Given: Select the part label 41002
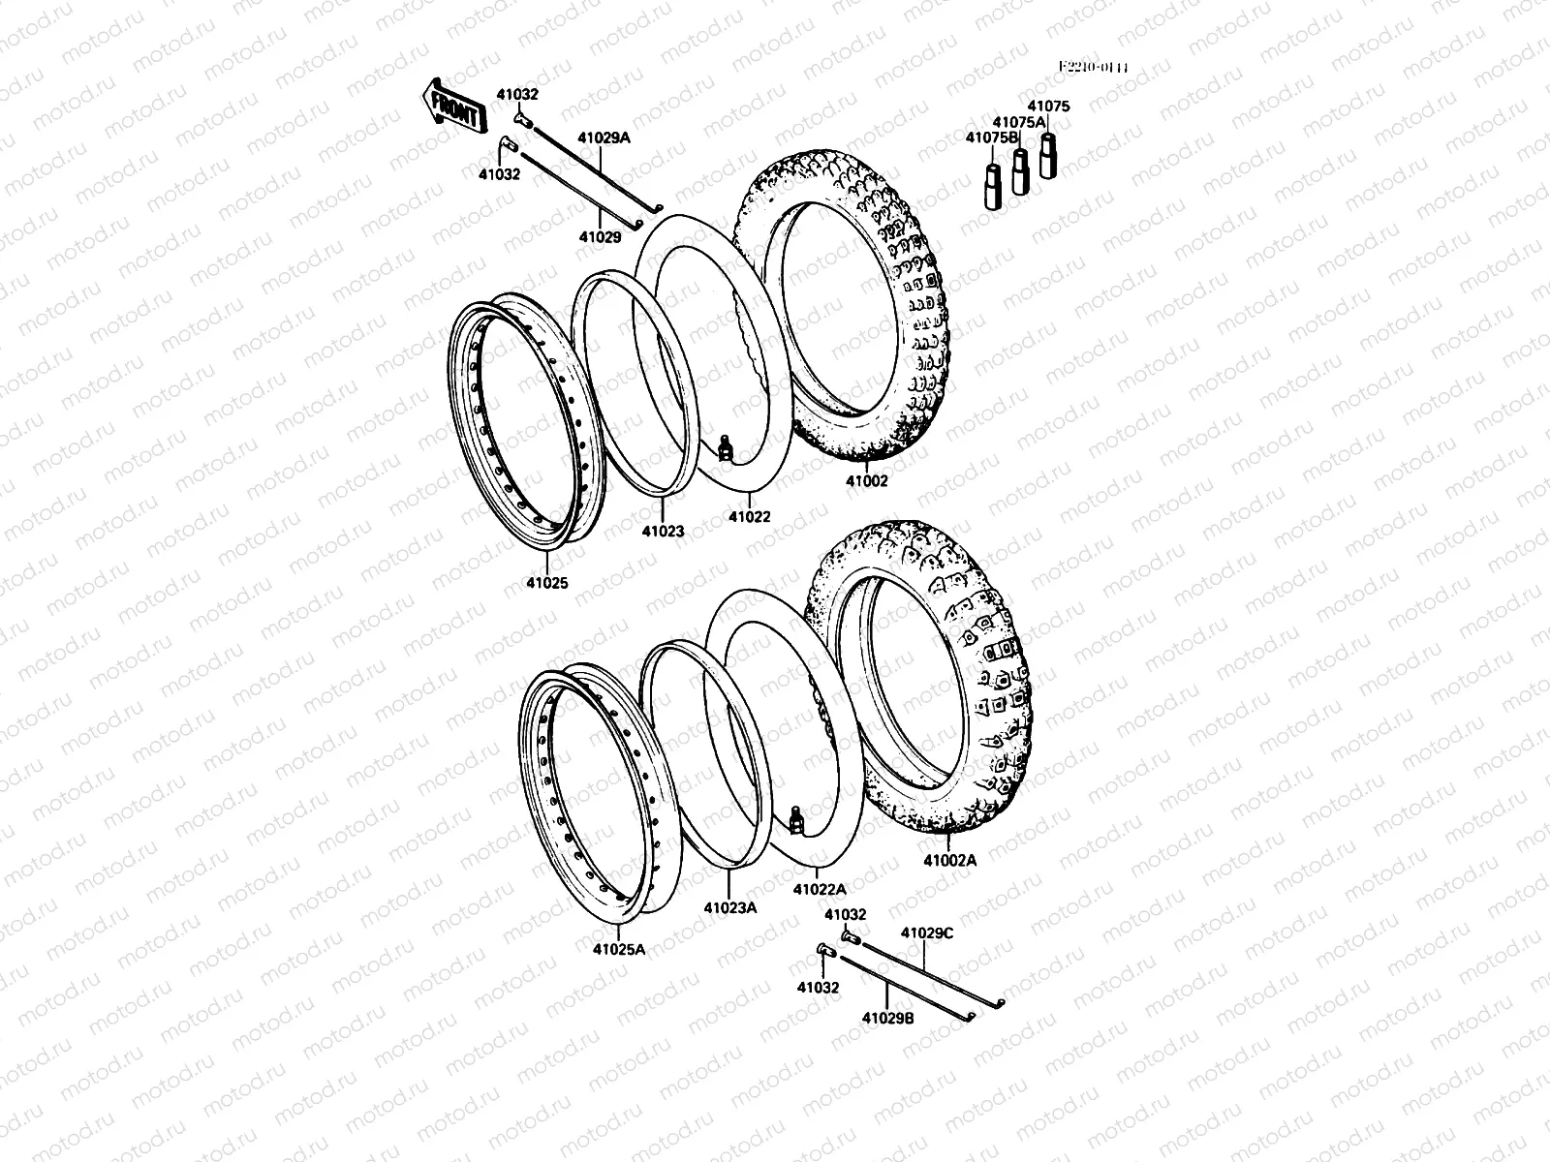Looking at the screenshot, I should pos(866,479).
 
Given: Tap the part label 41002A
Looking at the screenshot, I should pos(950,859).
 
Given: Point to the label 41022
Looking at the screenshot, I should pos(750,516).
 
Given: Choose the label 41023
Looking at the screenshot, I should pos(663,531).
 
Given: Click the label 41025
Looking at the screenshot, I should pos(547,583).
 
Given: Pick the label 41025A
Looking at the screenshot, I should pos(619,949).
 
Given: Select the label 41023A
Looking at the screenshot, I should pos(729,907).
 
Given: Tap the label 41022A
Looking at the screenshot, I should pos(820,888).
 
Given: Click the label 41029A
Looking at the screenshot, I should pos(604,138).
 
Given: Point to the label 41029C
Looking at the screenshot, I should pos(927,933).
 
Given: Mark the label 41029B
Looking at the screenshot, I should pos(887,1018).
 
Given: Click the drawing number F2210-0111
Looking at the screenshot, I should pos(1094,68).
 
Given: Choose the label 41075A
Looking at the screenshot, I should pos(1019,122).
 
